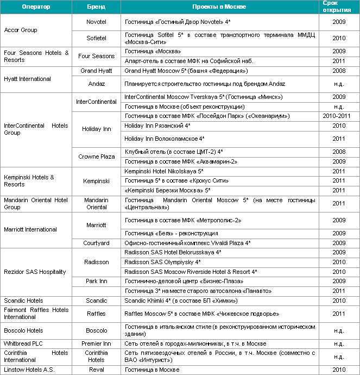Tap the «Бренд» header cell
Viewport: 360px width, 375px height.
(x=96, y=7)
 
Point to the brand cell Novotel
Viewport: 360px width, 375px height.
(x=96, y=22)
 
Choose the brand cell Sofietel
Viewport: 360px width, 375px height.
(x=96, y=38)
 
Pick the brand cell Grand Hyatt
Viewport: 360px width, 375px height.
(x=96, y=71)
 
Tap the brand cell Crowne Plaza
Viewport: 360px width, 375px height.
(x=96, y=157)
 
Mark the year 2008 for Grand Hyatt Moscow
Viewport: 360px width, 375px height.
(x=339, y=71)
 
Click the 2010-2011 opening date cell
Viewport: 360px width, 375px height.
(x=339, y=116)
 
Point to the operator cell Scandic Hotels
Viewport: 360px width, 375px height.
(x=23, y=300)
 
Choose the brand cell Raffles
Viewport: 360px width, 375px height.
(x=96, y=314)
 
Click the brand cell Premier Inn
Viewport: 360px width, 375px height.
(x=96, y=343)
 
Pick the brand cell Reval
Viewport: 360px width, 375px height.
(x=96, y=370)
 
